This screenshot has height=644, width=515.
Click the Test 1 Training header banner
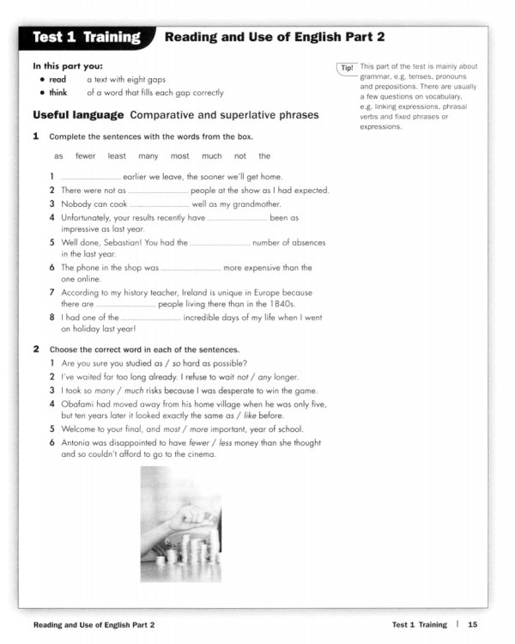pos(86,37)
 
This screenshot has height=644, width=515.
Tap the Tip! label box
pos(347,68)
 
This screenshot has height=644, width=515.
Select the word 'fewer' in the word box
pos(85,156)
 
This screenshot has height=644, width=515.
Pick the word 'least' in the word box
pos(117,156)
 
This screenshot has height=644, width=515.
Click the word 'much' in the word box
pos(211,156)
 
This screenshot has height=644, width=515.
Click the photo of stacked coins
pos(180,524)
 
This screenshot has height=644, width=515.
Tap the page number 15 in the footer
pos(473,624)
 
